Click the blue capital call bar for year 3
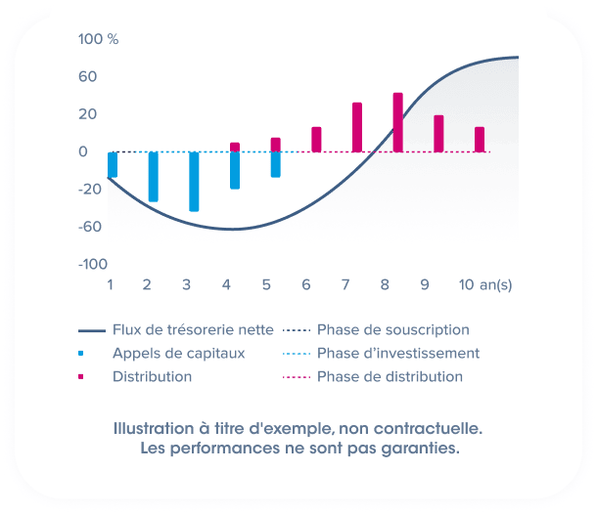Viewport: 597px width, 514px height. (x=194, y=181)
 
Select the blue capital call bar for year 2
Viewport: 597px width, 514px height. (x=153, y=176)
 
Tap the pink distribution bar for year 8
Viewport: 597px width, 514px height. (x=397, y=122)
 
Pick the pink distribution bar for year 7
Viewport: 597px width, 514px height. (x=357, y=127)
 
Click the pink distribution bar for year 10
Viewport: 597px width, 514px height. (x=480, y=139)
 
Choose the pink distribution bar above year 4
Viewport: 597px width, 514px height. (x=235, y=147)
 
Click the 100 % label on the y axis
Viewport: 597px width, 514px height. (x=98, y=39)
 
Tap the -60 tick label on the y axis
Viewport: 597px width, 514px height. (x=91, y=227)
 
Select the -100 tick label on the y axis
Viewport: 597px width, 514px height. (x=93, y=264)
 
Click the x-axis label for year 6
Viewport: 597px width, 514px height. (x=306, y=284)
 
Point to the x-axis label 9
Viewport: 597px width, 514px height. (x=425, y=284)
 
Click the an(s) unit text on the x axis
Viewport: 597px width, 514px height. (x=496, y=284)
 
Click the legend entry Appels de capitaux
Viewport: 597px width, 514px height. (x=178, y=353)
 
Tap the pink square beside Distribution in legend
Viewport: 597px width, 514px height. (x=82, y=376)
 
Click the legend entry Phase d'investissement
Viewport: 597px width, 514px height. (x=397, y=353)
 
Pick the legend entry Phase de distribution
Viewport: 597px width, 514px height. (x=390, y=376)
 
